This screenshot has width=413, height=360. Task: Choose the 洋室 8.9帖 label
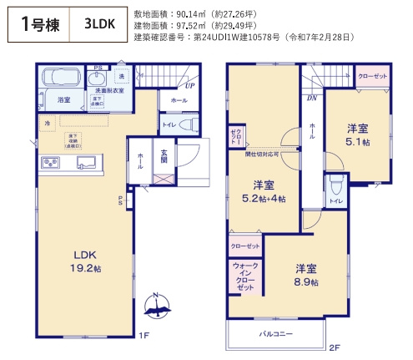point(305,275)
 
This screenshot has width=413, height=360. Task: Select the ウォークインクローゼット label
point(244,276)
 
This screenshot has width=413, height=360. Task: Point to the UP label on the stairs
point(190,85)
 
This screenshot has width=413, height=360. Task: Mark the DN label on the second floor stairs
point(310,97)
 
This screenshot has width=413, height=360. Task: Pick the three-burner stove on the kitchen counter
point(49,161)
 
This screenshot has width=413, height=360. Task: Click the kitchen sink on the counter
point(85,161)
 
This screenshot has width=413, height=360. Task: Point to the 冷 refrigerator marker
point(47,124)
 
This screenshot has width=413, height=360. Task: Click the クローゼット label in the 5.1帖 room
point(371,77)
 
